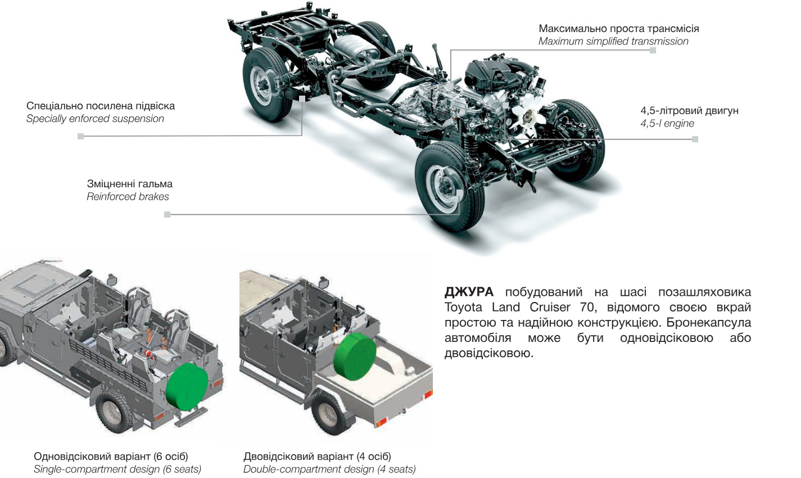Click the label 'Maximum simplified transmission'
pyautogui.click(x=613, y=42)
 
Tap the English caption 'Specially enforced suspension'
pyautogui.click(x=95, y=119)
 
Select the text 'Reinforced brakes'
pyautogui.click(x=128, y=196)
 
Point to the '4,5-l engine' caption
pyautogui.click(x=667, y=123)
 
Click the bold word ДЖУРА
pyautogui.click(x=469, y=292)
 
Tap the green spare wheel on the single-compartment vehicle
pyautogui.click(x=187, y=386)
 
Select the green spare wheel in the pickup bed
pyautogui.click(x=354, y=357)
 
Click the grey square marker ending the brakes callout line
pyautogui.click(x=167, y=215)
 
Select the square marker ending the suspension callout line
pyautogui.click(x=81, y=136)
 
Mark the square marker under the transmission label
pyautogui.click(x=653, y=51)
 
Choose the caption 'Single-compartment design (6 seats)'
pyautogui.click(x=117, y=469)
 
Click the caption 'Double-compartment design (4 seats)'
pyautogui.click(x=329, y=469)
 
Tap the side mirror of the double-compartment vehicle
pyautogui.click(x=323, y=282)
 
